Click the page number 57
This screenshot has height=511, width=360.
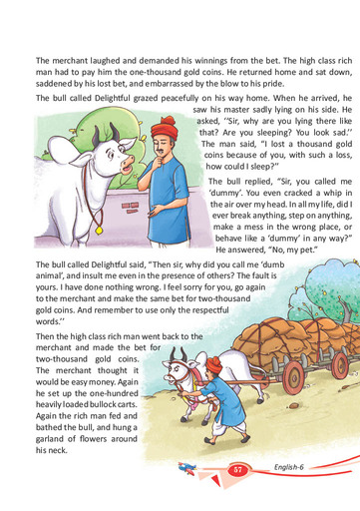tap(237, 469)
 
